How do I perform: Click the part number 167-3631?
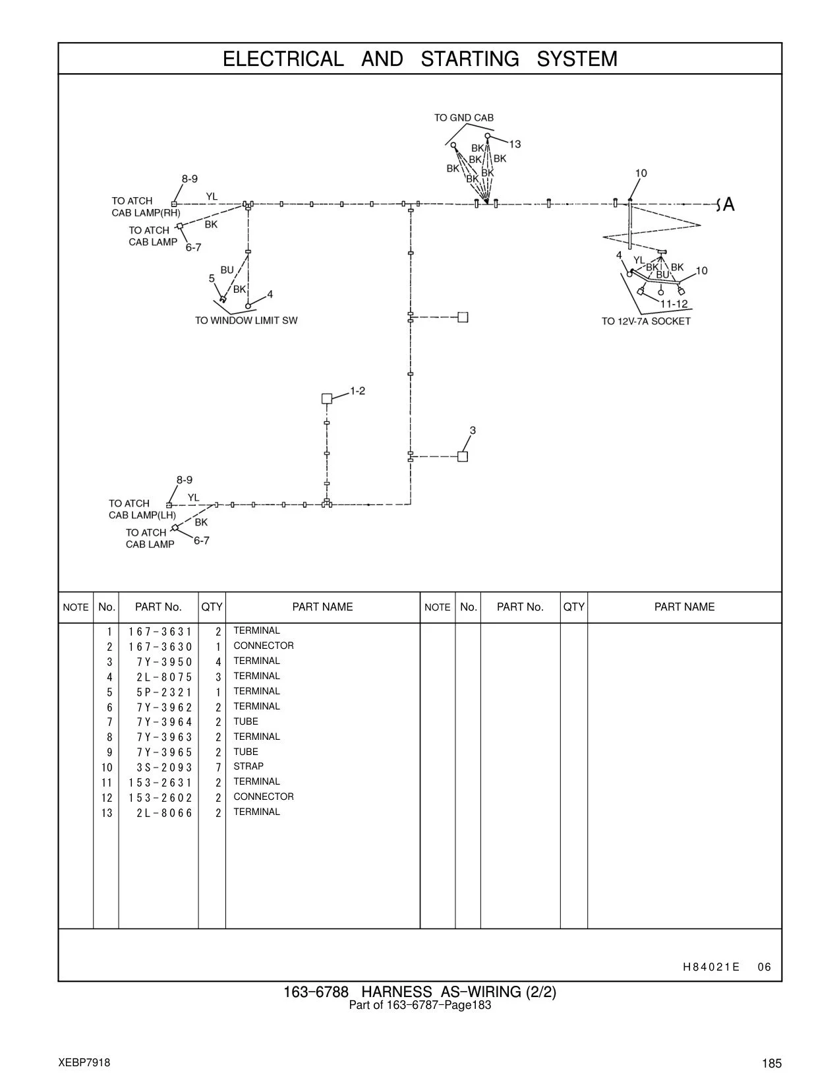(x=160, y=632)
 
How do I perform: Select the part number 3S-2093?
(x=165, y=768)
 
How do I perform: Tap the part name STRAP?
(x=248, y=767)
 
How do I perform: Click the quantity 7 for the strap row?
(x=218, y=768)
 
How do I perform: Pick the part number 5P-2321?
(x=165, y=692)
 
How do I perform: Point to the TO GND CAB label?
(x=464, y=117)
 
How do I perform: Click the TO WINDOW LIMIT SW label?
(x=246, y=320)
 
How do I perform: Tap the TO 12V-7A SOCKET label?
(x=646, y=321)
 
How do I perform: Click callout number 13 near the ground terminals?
(x=515, y=144)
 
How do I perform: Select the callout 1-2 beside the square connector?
(x=357, y=390)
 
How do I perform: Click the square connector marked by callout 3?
(x=463, y=456)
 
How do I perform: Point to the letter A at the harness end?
(x=729, y=204)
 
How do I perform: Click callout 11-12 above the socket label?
(x=674, y=304)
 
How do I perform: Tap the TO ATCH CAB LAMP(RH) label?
(x=146, y=207)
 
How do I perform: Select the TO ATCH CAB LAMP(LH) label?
(x=142, y=509)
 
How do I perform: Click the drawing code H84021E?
(x=711, y=967)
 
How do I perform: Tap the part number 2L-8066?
(x=165, y=813)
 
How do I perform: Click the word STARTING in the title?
(x=470, y=59)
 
